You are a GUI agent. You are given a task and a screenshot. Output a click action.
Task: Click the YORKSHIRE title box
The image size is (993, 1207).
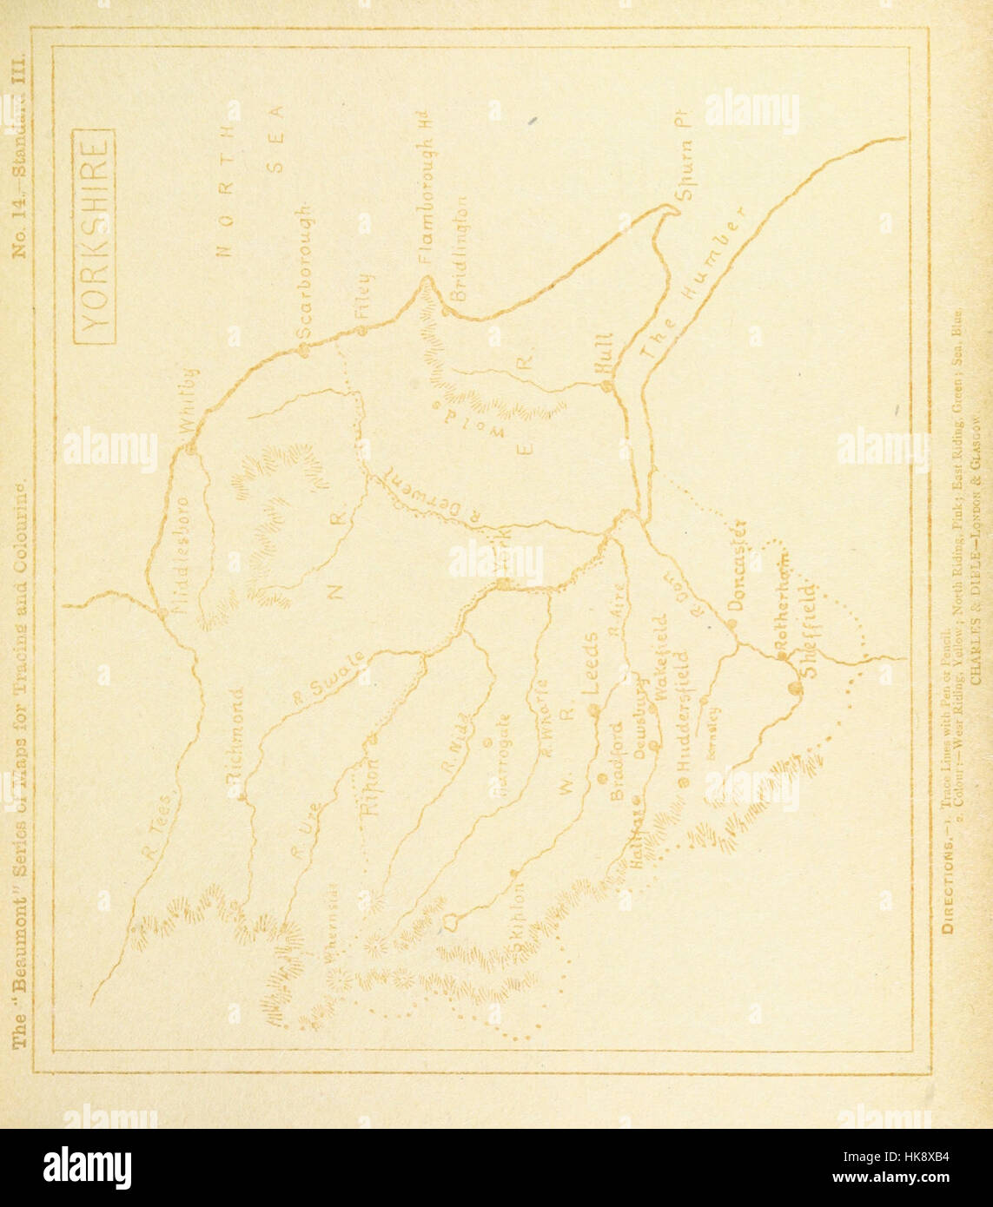point(93,235)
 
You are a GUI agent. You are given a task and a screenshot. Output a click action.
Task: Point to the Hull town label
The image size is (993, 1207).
point(604,355)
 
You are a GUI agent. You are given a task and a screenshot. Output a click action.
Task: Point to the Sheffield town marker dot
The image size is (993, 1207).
point(795,689)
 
